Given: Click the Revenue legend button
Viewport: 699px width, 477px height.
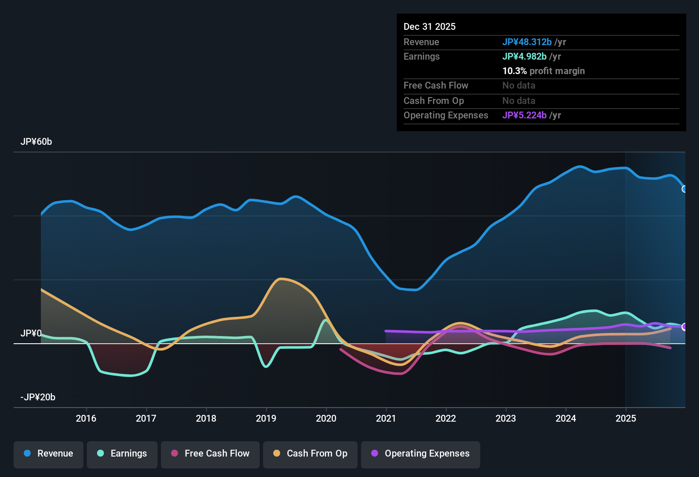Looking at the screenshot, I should [x=49, y=454].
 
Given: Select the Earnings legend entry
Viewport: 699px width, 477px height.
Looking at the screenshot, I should [x=122, y=454].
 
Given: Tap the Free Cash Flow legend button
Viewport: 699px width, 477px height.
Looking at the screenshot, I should [x=210, y=454].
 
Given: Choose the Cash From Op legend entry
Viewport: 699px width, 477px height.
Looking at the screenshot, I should [x=310, y=454].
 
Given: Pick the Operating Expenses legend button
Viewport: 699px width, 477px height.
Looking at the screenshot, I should [x=421, y=454].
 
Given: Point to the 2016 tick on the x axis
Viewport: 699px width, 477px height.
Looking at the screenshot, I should [x=86, y=419].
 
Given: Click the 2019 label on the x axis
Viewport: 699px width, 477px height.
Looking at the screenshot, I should [x=266, y=419].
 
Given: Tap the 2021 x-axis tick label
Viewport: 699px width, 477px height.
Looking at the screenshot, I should [x=386, y=419].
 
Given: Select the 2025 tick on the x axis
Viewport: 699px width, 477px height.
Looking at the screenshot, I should [x=626, y=419].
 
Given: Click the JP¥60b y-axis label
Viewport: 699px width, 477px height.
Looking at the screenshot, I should [x=36, y=142].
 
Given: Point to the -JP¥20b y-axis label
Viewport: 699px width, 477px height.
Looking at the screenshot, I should [x=38, y=397].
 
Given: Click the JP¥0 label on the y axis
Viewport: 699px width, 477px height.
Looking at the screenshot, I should [x=31, y=333].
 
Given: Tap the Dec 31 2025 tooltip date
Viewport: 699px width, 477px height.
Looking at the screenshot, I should [x=430, y=27].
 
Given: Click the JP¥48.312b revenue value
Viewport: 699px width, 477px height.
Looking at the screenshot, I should [x=527, y=42].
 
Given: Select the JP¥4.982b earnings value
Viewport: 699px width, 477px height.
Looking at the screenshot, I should [x=524, y=57].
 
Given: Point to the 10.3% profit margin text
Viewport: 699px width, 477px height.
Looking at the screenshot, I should [x=544, y=71].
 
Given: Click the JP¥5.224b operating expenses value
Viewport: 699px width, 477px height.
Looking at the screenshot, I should [x=524, y=115].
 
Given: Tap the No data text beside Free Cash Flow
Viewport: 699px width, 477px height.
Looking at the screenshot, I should [x=519, y=86].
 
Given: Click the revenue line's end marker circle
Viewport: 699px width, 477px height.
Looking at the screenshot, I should [x=684, y=189].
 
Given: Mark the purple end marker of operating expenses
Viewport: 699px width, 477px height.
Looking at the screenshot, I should [x=684, y=327].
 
